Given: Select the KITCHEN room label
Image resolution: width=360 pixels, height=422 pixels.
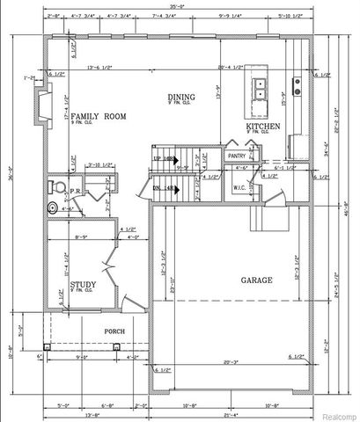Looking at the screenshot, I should click(x=263, y=127).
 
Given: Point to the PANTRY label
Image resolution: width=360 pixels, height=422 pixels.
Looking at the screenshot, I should click(x=237, y=155).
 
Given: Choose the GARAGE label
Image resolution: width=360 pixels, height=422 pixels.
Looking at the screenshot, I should click(x=256, y=280).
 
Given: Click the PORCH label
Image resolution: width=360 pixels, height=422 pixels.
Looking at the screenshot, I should click(x=114, y=331).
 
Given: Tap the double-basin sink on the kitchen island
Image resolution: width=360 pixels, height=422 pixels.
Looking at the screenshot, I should click(x=261, y=86).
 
